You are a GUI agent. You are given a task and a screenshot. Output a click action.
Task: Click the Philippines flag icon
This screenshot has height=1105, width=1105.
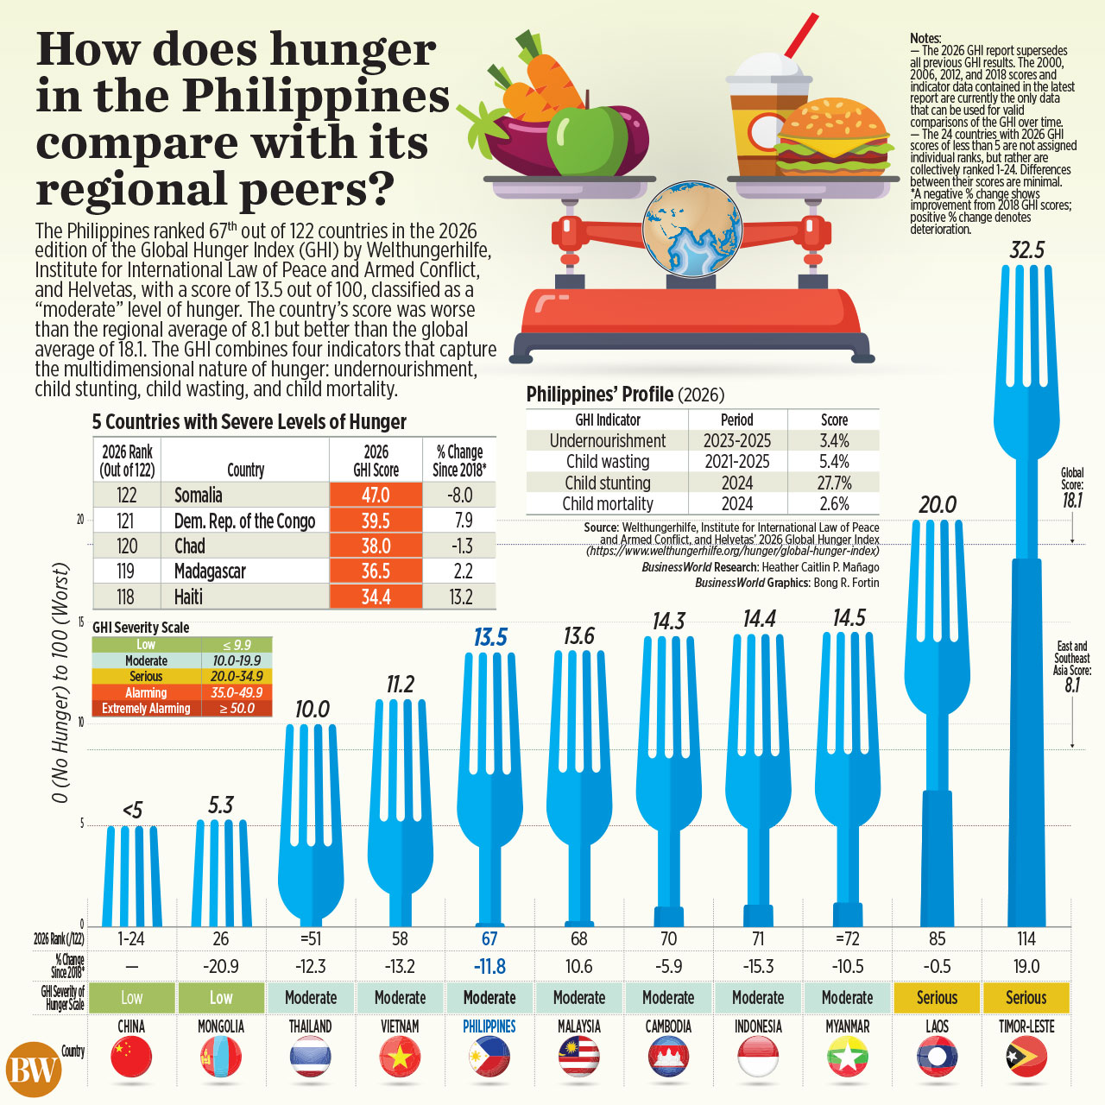[489, 1057]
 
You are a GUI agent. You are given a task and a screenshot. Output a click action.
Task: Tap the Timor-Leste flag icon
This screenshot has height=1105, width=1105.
[1026, 1057]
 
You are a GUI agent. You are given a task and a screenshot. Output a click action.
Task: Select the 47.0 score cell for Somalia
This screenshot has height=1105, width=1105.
[376, 495]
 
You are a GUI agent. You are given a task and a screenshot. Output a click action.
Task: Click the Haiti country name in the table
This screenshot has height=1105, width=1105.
[189, 597]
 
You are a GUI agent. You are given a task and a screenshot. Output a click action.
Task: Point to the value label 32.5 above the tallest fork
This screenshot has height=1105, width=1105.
[1027, 250]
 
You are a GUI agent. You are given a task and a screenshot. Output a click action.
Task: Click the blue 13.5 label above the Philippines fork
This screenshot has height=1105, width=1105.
[490, 638]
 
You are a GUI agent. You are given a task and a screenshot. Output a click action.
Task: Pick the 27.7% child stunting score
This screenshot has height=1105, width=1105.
[834, 483]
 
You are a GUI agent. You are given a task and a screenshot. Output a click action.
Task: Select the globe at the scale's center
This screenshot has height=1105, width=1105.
[692, 229]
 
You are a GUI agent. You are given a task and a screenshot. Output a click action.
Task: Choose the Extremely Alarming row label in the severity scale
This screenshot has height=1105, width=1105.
[146, 708]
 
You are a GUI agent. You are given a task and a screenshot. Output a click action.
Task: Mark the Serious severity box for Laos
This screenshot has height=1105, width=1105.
[937, 997]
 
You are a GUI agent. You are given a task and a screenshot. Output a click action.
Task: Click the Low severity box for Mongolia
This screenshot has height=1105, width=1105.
[221, 997]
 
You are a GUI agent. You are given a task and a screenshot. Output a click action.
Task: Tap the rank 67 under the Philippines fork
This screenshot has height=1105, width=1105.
[489, 938]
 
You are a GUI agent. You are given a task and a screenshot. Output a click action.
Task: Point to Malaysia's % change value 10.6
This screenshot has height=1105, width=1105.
[578, 967]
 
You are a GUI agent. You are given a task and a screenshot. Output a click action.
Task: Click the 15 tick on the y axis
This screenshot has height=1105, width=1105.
[80, 622]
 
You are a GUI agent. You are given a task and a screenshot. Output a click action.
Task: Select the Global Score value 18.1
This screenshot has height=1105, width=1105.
[1071, 501]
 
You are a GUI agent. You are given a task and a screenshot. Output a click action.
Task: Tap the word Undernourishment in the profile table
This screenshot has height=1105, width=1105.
[607, 440]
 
